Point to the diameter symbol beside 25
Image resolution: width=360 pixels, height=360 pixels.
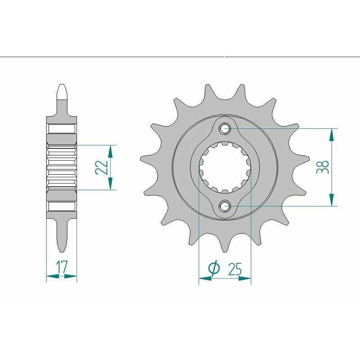[214, 269]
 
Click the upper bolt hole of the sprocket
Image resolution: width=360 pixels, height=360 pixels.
[225, 129]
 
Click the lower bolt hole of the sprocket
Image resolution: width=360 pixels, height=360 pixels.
[225, 206]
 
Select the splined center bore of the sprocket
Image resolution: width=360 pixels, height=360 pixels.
[225, 167]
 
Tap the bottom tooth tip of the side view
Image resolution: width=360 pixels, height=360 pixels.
[62, 249]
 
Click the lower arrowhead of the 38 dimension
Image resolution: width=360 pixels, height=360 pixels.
[332, 201]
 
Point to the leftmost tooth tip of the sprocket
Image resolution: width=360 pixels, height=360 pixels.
[142, 157]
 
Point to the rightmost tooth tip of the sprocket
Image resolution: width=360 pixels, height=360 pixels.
[308, 157]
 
